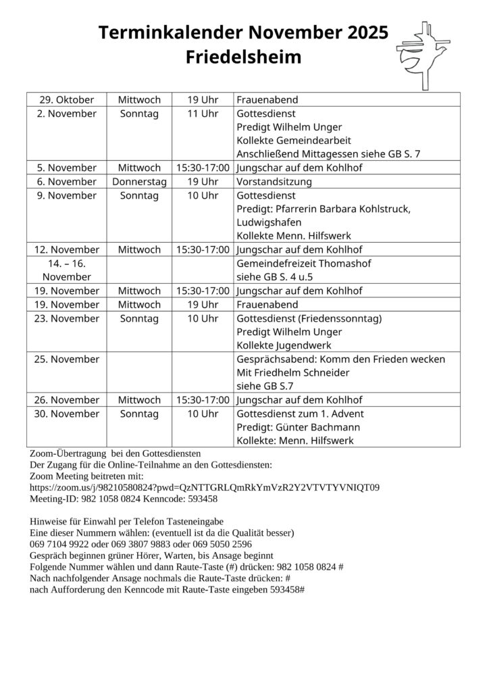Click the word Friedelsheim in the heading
click(x=244, y=58)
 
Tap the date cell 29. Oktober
click(x=66, y=100)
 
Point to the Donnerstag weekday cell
click(x=140, y=181)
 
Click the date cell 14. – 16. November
click(x=66, y=270)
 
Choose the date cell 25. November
click(x=66, y=359)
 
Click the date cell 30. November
click(x=66, y=413)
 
